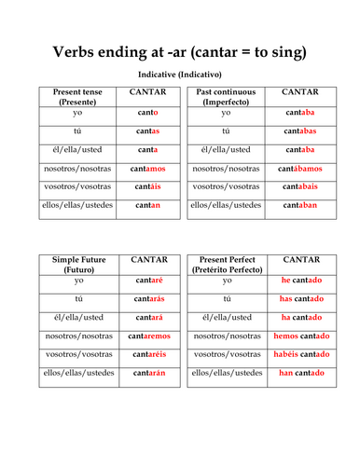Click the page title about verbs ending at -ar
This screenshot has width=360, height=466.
coord(179,52)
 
